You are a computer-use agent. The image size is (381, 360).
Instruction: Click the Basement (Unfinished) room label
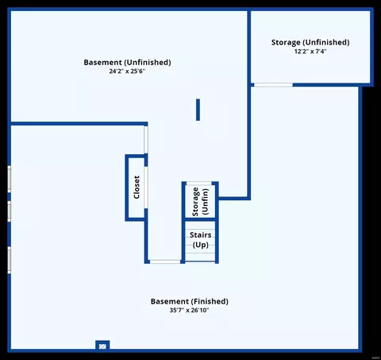point(127,63)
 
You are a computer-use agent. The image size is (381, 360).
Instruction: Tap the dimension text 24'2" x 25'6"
point(127,71)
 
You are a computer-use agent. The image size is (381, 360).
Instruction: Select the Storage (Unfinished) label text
point(310,42)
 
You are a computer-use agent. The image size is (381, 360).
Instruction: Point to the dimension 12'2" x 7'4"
point(310,51)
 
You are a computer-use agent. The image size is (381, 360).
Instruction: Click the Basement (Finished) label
point(190,301)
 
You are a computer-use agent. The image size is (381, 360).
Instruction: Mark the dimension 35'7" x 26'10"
point(190,310)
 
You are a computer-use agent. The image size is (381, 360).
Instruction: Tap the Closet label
point(137,188)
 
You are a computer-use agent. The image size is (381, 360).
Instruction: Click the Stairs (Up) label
point(201,240)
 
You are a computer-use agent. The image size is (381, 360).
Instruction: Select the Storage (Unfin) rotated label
point(200,202)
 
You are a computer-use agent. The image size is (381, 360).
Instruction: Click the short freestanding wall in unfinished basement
point(198,110)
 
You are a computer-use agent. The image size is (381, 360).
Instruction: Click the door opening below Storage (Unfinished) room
point(273,85)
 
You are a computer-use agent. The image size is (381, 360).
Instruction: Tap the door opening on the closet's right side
point(146,188)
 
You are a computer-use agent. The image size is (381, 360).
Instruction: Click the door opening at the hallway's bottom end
point(165,261)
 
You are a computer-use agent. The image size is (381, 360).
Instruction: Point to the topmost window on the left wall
point(10,179)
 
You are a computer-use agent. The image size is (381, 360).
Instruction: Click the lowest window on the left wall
point(10,260)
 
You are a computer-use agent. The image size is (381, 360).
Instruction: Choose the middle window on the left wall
point(10,211)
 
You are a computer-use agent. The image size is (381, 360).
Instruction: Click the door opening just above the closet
point(146,140)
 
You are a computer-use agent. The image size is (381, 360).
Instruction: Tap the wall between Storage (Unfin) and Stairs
point(200,219)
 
